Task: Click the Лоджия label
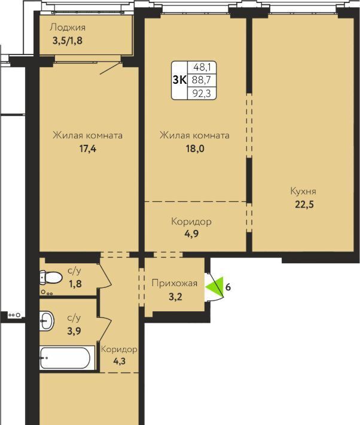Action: click(68, 28)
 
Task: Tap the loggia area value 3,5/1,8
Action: click(68, 41)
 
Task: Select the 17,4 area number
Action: click(87, 149)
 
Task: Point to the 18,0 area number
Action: click(195, 149)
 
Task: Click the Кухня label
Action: click(303, 192)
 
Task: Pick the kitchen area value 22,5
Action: click(304, 204)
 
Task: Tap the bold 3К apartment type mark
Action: click(179, 80)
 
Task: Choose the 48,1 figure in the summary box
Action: click(202, 67)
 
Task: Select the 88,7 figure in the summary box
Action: click(202, 80)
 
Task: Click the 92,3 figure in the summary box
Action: click(202, 93)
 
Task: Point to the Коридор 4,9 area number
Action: click(191, 233)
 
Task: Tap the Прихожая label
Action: click(175, 284)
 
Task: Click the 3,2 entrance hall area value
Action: click(175, 297)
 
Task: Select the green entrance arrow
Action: click(214, 287)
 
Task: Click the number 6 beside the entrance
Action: click(228, 287)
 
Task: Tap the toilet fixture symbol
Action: click(51, 278)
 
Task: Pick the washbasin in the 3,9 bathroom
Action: click(47, 321)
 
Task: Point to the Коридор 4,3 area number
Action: click(120, 362)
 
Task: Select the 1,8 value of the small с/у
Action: click(75, 284)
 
